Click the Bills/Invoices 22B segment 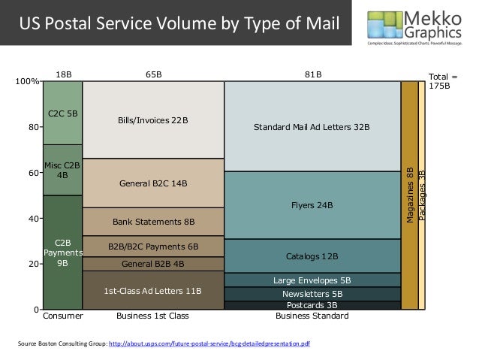tap(153, 120)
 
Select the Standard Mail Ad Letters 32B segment tap(312, 127)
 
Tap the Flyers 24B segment tap(312, 205)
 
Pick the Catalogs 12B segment tap(312, 256)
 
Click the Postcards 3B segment tap(312, 306)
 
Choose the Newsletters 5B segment tap(312, 294)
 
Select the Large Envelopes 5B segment tap(312, 280)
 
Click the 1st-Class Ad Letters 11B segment tap(153, 290)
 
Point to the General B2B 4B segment tap(153, 264)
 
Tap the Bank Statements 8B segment tap(153, 222)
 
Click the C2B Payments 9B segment tap(62, 253)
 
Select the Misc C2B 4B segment tap(62, 170)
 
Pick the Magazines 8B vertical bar tap(409, 195)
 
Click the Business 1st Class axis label tap(153, 317)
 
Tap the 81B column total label tap(312, 74)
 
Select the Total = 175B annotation tap(441, 81)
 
